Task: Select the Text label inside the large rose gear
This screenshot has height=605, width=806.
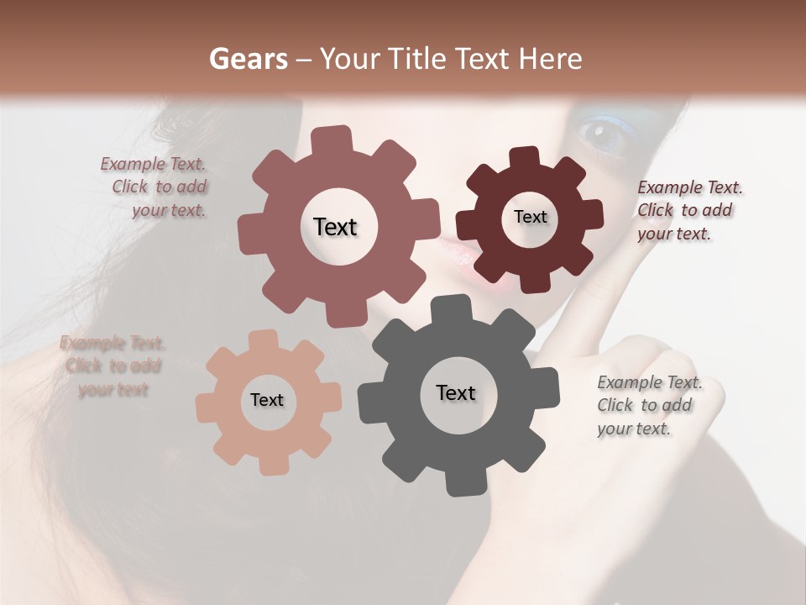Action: click(335, 227)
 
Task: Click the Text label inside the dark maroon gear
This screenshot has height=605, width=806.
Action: click(530, 217)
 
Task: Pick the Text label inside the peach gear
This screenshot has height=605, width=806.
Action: click(267, 400)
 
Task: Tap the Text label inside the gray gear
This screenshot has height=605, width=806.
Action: click(456, 392)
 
